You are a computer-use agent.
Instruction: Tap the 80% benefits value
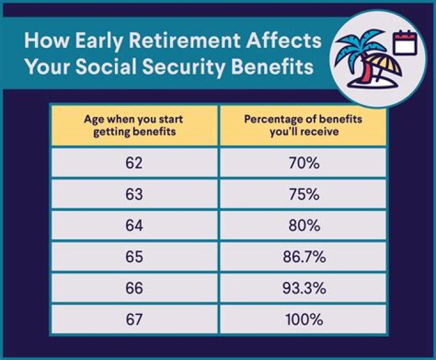(x=303, y=225)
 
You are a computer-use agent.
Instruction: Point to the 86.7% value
(x=303, y=257)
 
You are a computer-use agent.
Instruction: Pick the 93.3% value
(x=303, y=288)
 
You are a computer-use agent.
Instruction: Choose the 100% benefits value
(x=303, y=319)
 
